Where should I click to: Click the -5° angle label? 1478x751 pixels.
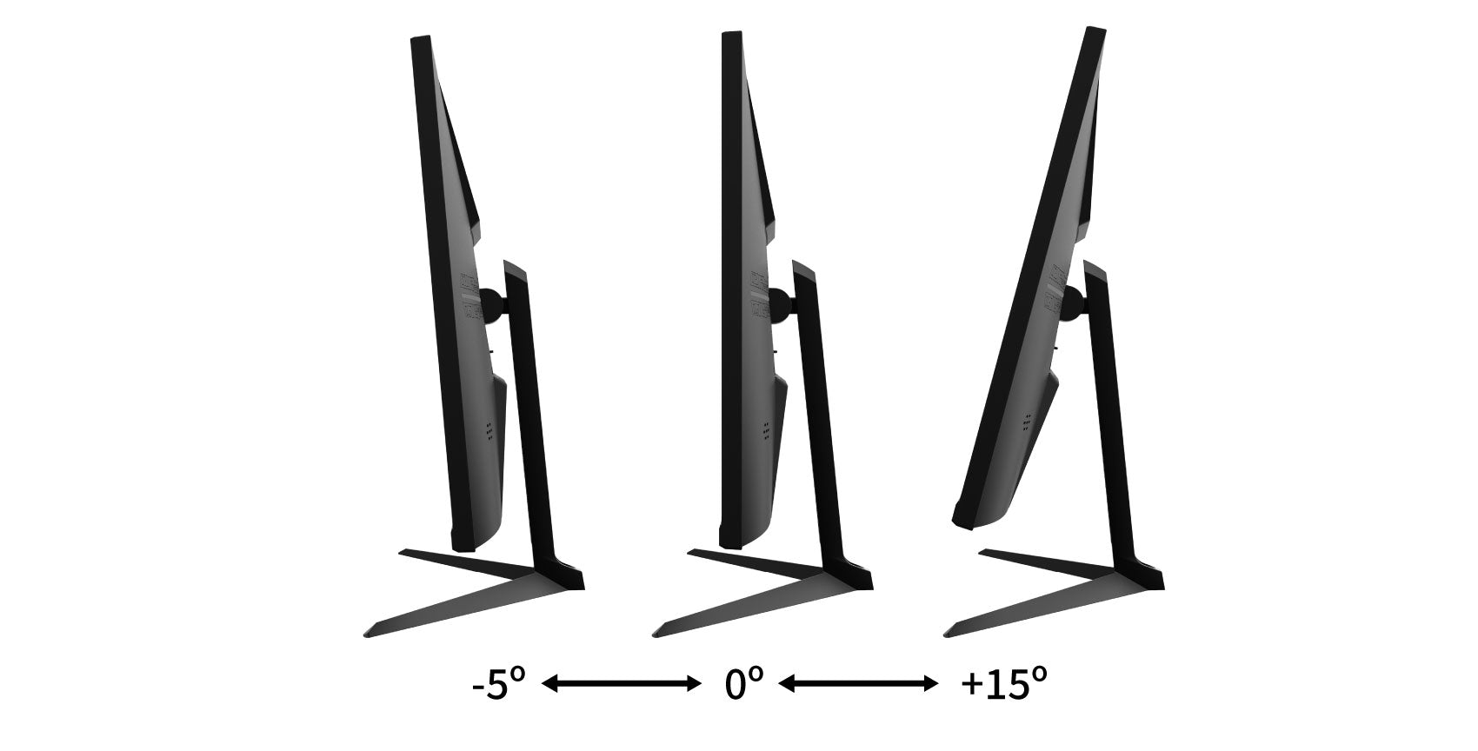[x=499, y=684]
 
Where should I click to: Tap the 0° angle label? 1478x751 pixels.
[x=743, y=684]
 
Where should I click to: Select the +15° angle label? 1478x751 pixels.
[x=1003, y=684]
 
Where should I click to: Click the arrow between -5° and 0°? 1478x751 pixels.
[x=621, y=684]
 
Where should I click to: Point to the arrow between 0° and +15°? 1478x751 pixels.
[x=858, y=684]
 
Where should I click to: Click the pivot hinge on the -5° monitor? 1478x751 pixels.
[x=493, y=304]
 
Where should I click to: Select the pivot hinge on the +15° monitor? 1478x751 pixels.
[x=1072, y=303]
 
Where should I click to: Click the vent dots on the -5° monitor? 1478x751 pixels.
[x=489, y=432]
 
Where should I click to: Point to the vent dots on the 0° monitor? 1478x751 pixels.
[x=766, y=430]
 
